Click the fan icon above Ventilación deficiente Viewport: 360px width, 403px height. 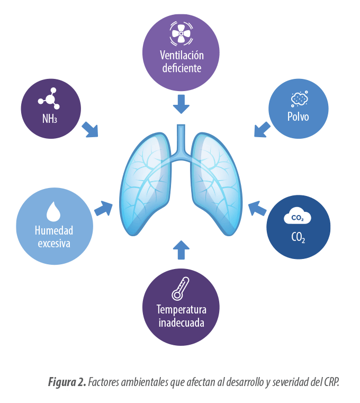coord(181,33)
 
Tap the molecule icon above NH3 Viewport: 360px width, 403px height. coord(49,98)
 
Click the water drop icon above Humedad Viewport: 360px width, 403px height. coord(53,211)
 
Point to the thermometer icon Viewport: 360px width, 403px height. coord(180,289)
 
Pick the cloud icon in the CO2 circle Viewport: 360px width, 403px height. coord(298,218)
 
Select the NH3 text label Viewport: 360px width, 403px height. coord(50,118)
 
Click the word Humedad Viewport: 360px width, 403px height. coord(54,231)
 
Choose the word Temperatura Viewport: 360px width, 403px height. coord(181,310)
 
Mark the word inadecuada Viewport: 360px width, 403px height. coord(181,323)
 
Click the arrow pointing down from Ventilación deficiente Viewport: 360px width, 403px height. coord(181,104)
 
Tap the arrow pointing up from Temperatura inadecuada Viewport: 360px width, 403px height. coord(181,249)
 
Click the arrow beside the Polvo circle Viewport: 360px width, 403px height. coord(262,129)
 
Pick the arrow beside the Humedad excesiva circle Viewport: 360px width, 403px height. coord(104,208)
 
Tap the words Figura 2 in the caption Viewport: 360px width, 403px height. coord(67,381)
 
